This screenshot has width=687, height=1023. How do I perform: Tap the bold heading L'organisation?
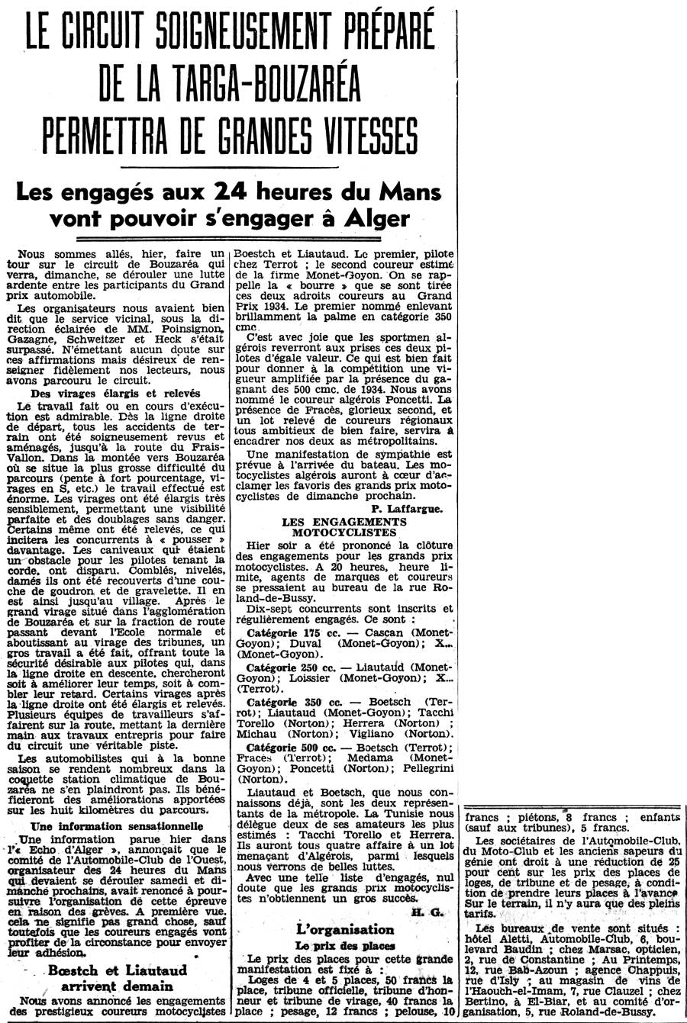click(344, 930)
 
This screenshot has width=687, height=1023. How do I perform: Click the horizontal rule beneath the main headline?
click(230, 166)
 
